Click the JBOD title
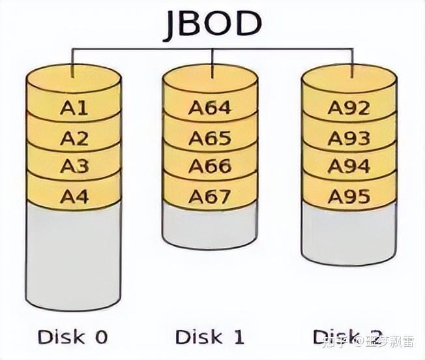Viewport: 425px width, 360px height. pyautogui.click(x=212, y=24)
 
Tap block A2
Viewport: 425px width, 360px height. pyautogui.click(x=74, y=138)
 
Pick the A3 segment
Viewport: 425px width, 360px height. pyautogui.click(x=74, y=166)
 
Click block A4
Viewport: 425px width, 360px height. pyautogui.click(x=74, y=195)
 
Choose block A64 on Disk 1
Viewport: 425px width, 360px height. pyautogui.click(x=210, y=108)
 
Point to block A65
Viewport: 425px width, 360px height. pyautogui.click(x=210, y=138)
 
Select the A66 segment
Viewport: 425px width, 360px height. pyautogui.click(x=210, y=166)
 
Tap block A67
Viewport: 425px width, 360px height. pyautogui.click(x=210, y=195)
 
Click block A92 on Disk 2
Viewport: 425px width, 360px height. pyautogui.click(x=349, y=108)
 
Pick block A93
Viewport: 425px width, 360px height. pyautogui.click(x=349, y=138)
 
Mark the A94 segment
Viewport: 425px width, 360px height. pyautogui.click(x=349, y=166)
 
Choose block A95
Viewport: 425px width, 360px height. pyautogui.click(x=349, y=195)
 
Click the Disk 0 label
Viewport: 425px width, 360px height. pyautogui.click(x=72, y=337)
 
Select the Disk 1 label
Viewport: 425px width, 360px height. pyautogui.click(x=210, y=337)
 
